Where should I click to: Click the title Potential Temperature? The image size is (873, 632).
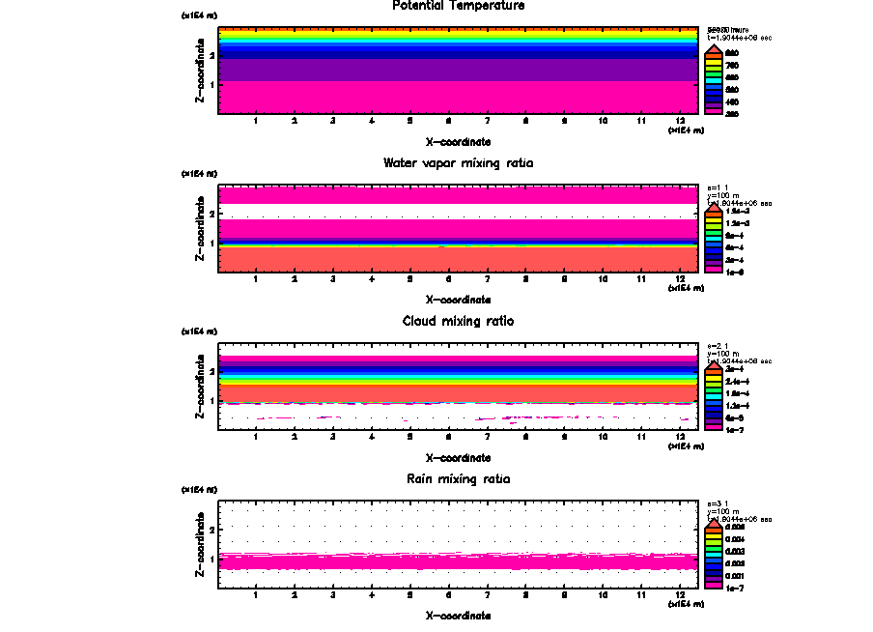(459, 6)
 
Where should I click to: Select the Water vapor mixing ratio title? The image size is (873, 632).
(459, 163)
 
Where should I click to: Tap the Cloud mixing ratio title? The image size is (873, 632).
(459, 321)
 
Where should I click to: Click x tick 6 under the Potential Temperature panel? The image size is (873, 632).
(448, 122)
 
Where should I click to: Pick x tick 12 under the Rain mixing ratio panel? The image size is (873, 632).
(680, 595)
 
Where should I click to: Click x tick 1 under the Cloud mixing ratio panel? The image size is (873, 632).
(255, 438)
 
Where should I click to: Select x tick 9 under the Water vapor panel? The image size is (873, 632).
(564, 280)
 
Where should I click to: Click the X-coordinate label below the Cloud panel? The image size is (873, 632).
(459, 457)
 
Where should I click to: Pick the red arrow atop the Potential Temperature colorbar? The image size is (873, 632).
(713, 48)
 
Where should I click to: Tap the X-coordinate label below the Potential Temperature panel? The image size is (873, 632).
(459, 142)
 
